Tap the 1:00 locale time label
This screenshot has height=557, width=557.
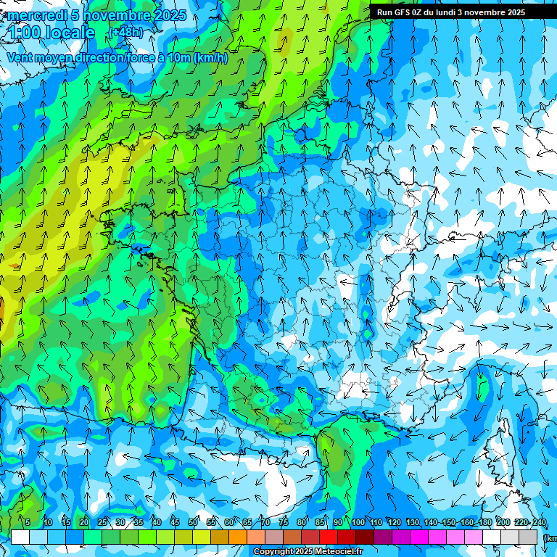pos(51,33)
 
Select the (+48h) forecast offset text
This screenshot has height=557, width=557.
pos(125,32)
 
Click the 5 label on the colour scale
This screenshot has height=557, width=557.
pos(28,523)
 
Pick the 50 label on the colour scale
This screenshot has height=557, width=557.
pos(193,523)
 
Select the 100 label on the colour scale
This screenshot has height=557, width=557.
pos(358,523)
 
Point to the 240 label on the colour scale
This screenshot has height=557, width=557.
pos(539,523)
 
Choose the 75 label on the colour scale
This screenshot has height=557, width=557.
pos(284,523)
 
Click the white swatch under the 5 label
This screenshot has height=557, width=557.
pos(20,537)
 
